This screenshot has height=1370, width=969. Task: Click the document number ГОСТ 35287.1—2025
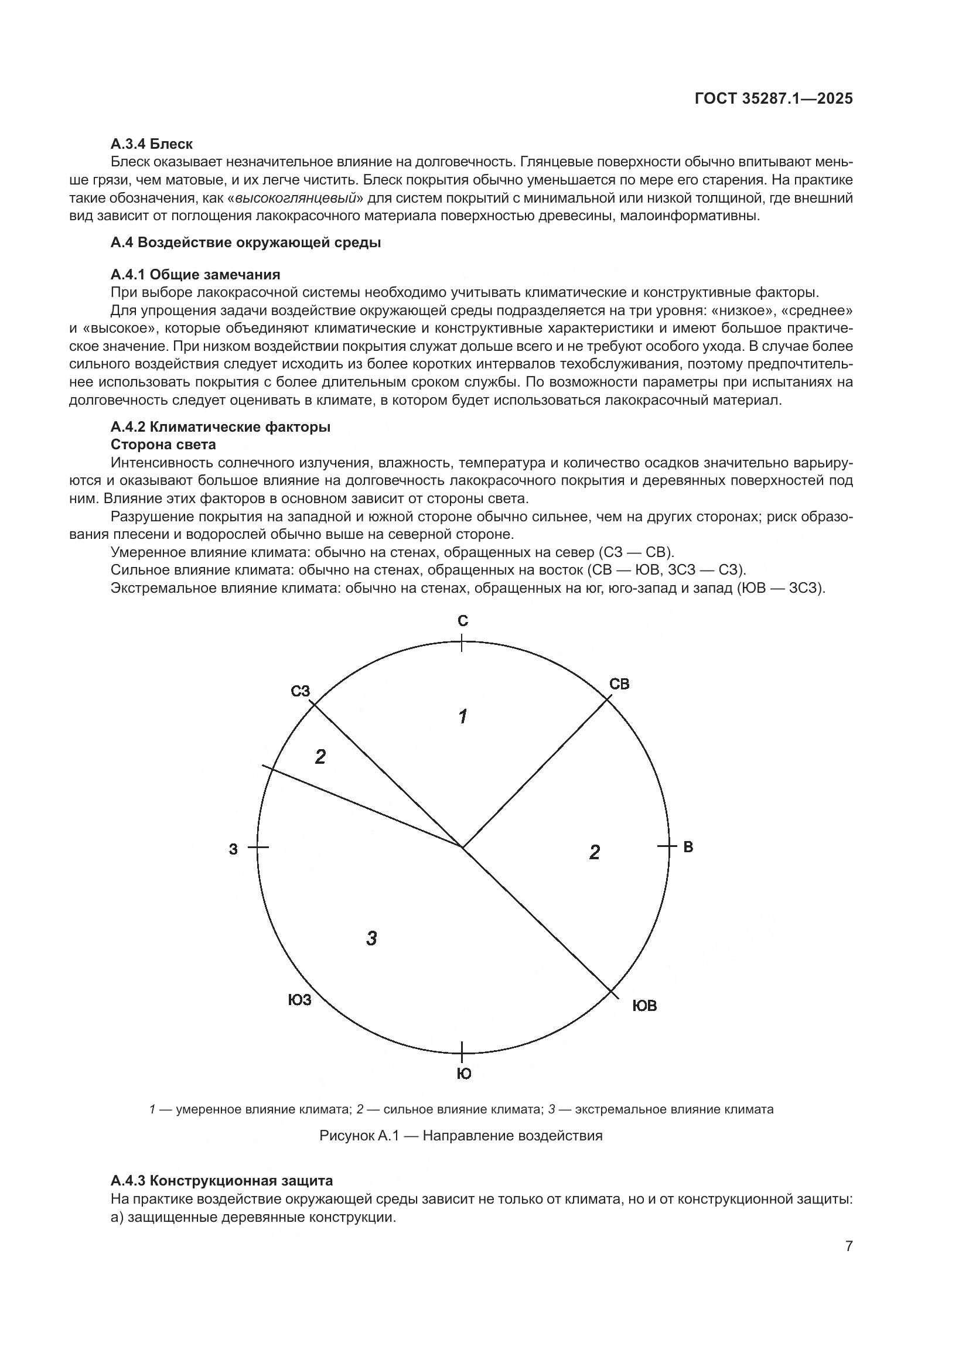click(x=773, y=99)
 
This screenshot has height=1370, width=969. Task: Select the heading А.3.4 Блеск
click(x=152, y=144)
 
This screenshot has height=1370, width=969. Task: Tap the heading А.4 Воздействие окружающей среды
click(x=245, y=243)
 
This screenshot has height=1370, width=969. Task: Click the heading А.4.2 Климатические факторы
click(x=220, y=427)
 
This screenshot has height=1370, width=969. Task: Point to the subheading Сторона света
click(x=163, y=445)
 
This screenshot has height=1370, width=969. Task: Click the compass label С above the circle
click(x=463, y=621)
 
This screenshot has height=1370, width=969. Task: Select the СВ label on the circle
click(x=619, y=684)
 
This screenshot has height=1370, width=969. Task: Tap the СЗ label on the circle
click(x=301, y=691)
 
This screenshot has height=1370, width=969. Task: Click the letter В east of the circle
click(x=688, y=847)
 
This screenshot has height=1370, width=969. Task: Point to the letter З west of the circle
click(x=233, y=849)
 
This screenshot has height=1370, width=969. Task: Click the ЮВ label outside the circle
click(x=644, y=1006)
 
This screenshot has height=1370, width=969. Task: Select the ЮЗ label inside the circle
click(x=299, y=1000)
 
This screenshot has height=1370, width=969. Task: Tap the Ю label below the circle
click(x=463, y=1074)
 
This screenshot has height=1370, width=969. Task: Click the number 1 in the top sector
click(x=462, y=716)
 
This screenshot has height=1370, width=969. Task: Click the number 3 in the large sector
click(x=371, y=938)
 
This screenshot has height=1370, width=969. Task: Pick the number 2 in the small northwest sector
click(x=320, y=757)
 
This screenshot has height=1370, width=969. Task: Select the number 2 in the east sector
click(x=594, y=853)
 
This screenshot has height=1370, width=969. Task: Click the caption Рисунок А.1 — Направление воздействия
click(x=460, y=1136)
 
